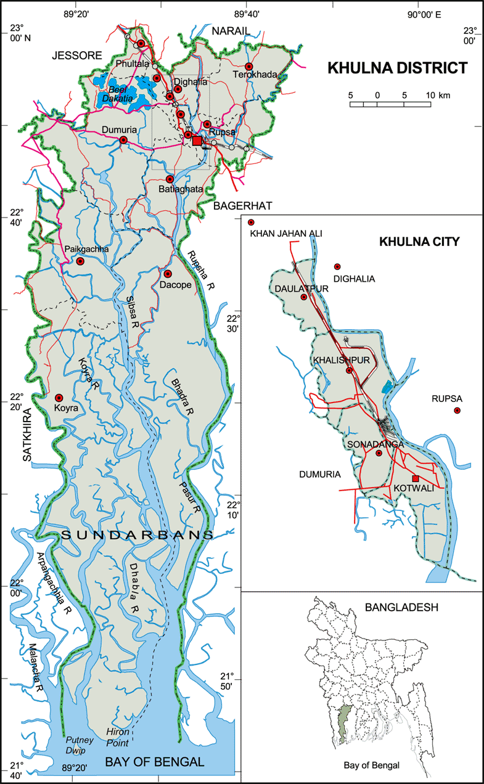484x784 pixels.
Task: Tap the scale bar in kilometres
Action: (x=390, y=103)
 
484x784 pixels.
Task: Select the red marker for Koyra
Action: (x=59, y=398)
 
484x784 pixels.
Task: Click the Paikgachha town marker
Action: (x=80, y=261)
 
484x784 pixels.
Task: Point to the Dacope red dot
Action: (x=167, y=273)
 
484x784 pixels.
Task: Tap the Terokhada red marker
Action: (x=249, y=67)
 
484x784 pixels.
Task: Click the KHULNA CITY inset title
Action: (x=419, y=242)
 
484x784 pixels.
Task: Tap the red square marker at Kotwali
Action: (x=416, y=478)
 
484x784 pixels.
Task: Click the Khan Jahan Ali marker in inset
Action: (x=251, y=223)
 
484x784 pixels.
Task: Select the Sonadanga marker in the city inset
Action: (x=379, y=453)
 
